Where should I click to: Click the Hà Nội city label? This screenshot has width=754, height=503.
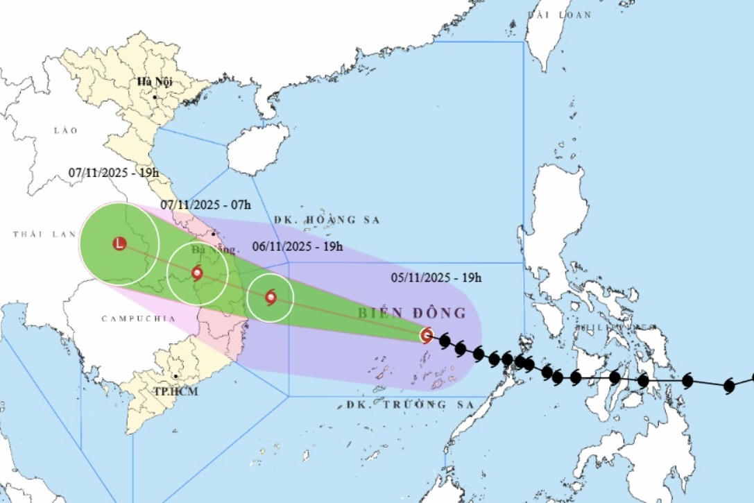click(154, 82)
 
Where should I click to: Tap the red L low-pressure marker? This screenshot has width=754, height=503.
click(119, 244)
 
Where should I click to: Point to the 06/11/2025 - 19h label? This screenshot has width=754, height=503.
click(297, 246)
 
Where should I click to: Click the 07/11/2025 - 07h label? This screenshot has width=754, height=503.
click(205, 205)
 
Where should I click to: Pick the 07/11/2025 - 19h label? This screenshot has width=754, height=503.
click(114, 173)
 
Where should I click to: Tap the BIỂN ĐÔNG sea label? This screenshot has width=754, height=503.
click(412, 313)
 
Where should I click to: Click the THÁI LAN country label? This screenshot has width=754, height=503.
click(44, 235)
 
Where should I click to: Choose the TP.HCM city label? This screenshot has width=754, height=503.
click(176, 392)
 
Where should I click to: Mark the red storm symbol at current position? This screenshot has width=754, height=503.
click(427, 336)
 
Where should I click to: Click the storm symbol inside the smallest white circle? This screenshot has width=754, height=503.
click(271, 298)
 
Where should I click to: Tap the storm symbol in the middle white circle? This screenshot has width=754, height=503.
click(197, 273)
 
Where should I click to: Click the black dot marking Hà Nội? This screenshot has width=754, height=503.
click(155, 96)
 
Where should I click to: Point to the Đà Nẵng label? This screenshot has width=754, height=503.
click(215, 249)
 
